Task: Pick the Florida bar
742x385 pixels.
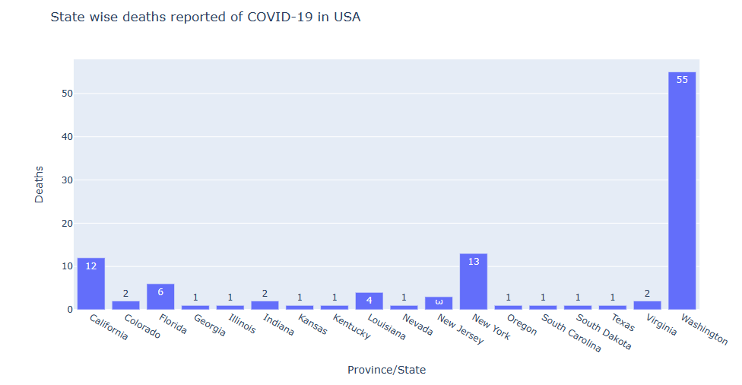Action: [x=160, y=297]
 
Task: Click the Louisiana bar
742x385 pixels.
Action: [x=369, y=301]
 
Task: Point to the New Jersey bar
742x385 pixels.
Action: [x=439, y=303]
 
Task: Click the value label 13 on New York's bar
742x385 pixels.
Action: [x=473, y=262]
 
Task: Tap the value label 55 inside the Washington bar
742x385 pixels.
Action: [x=681, y=80]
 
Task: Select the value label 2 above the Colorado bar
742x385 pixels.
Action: [x=125, y=294]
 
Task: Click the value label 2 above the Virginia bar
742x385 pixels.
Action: [x=647, y=294]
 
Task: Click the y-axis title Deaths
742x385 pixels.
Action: [x=39, y=184]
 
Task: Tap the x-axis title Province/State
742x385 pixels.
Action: [x=386, y=370]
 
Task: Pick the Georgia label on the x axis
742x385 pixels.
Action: [x=209, y=325]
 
